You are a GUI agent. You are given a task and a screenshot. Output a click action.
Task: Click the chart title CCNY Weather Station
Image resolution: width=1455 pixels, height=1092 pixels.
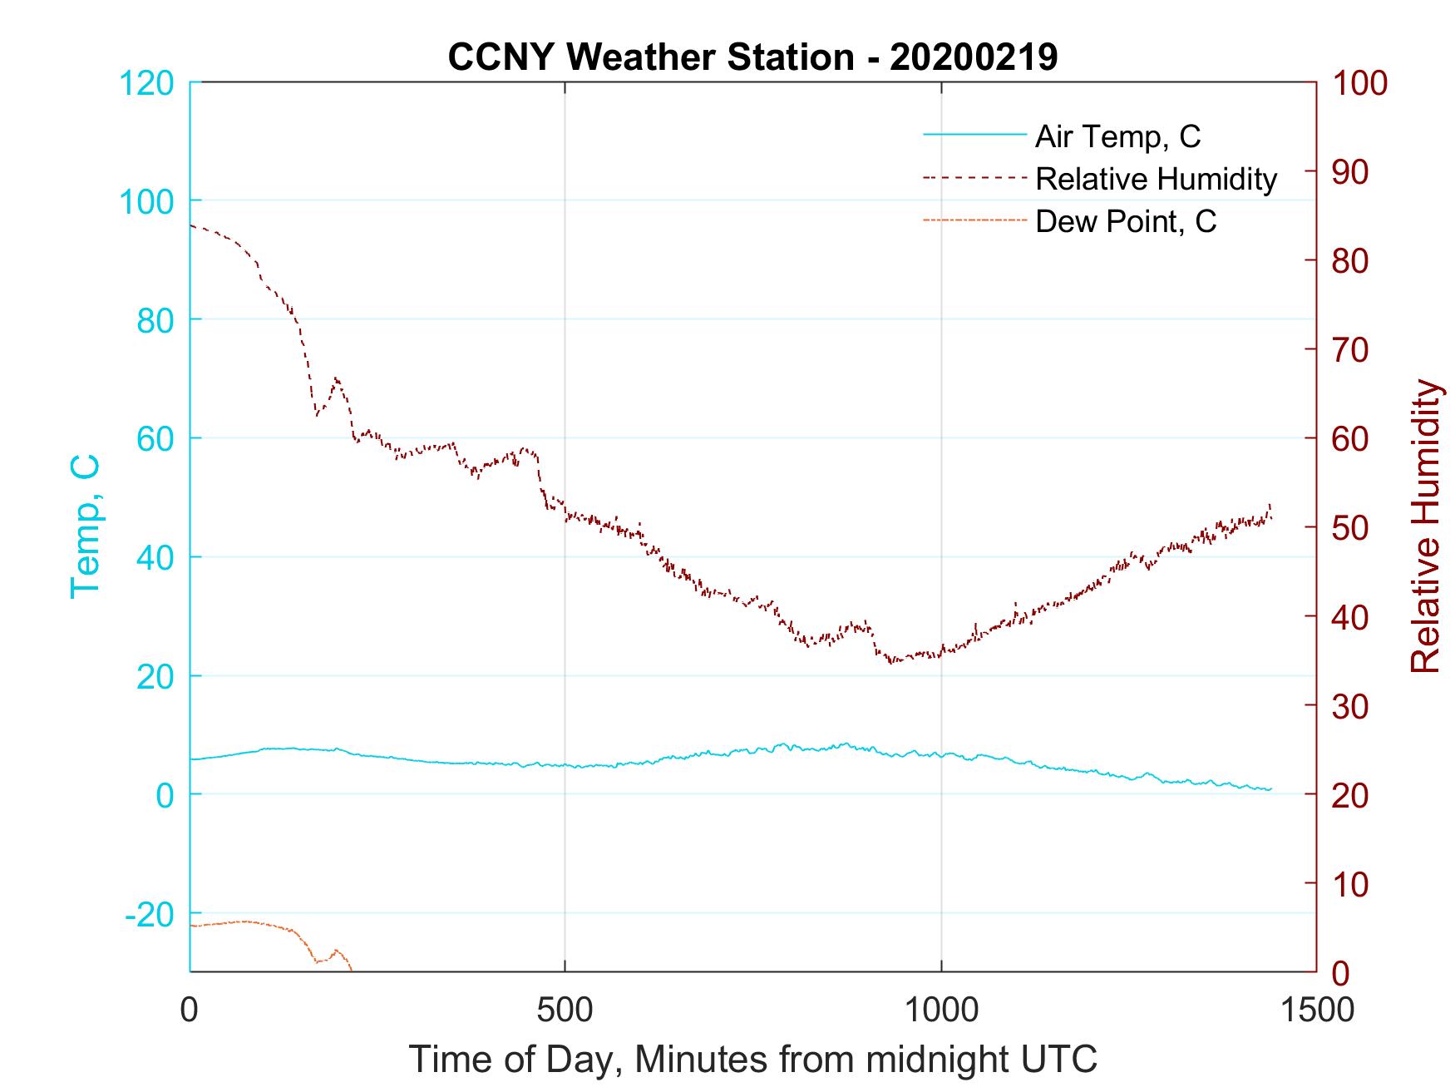coord(752,57)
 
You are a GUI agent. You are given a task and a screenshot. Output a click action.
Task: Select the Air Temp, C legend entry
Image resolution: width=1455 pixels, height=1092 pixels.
coord(1117,136)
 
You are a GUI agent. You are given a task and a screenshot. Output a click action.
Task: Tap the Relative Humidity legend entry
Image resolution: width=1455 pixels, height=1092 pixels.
coord(1155,179)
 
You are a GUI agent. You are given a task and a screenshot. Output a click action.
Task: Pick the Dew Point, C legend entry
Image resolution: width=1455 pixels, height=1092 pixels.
coord(1125,222)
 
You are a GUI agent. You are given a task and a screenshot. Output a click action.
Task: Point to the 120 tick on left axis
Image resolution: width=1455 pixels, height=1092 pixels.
coord(146,83)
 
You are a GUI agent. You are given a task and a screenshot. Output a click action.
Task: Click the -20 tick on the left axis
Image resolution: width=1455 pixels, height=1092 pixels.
coord(150,915)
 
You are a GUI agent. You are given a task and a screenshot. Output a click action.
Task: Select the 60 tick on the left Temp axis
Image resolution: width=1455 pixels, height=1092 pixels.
coord(154,438)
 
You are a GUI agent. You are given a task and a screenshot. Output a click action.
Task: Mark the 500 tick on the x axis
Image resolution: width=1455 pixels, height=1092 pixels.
coord(565,1010)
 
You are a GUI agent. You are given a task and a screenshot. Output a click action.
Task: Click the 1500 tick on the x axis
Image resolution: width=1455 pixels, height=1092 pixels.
coord(1316,1010)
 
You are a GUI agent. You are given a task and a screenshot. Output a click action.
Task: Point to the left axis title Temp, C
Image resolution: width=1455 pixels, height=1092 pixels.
coord(85,526)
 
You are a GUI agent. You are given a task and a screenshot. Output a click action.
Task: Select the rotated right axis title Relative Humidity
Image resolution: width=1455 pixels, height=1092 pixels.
coord(1425,526)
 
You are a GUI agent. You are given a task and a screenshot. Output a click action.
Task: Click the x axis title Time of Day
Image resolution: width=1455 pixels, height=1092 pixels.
coord(752,1060)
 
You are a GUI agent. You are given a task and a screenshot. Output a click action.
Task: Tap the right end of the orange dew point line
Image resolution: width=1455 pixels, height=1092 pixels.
coord(352,970)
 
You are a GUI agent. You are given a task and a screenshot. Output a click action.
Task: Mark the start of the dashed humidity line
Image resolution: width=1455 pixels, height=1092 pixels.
coord(191,225)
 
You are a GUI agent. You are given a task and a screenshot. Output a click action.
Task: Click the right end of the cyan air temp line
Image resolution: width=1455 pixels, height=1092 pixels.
coord(1271,788)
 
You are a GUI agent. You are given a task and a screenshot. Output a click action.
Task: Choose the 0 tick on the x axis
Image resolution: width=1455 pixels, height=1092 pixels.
coord(190,1010)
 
